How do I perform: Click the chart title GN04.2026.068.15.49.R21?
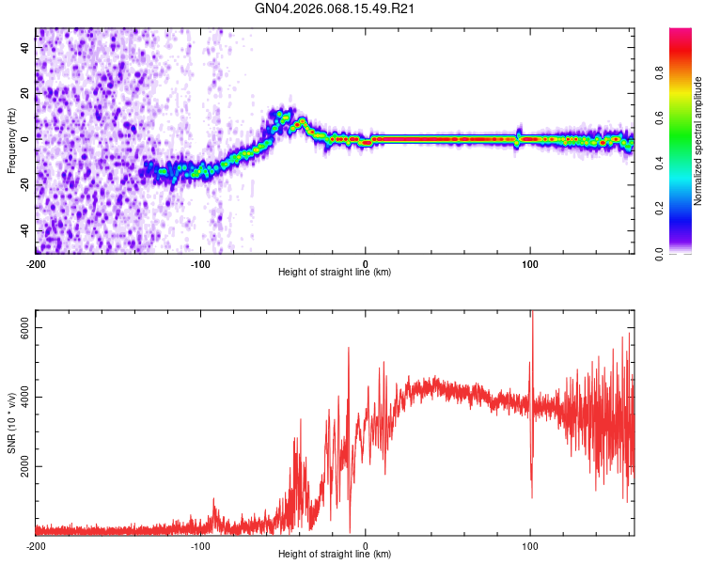[336, 8]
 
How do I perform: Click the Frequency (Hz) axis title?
[11, 141]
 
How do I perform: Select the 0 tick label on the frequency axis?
[26, 137]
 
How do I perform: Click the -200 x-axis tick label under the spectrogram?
[36, 262]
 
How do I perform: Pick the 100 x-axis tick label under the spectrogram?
[530, 262]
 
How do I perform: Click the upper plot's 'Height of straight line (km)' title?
[335, 273]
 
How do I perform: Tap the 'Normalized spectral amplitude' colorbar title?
[698, 141]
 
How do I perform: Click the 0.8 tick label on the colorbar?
[684, 72]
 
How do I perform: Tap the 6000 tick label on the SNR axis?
[26, 327]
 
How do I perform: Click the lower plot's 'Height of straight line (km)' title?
[335, 555]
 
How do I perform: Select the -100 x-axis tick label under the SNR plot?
[200, 545]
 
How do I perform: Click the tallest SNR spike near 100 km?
[532, 314]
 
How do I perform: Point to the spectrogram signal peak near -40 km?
[301, 122]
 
